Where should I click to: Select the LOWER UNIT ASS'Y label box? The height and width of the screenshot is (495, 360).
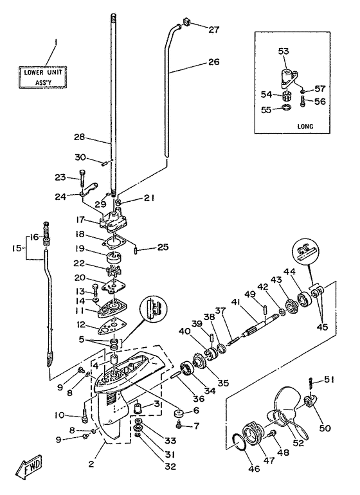point(43,77)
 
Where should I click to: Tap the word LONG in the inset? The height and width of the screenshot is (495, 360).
point(305,126)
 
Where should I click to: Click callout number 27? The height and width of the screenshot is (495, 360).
point(213,30)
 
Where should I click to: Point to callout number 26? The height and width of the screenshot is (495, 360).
point(213,61)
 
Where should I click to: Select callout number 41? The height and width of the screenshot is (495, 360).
point(235,302)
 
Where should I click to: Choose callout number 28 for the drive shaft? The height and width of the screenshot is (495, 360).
point(80,137)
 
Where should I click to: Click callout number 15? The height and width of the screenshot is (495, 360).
point(18,248)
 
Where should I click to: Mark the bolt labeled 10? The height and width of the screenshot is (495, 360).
point(85,415)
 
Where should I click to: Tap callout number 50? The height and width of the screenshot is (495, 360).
point(325,428)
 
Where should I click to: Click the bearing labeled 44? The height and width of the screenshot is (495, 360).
point(305,298)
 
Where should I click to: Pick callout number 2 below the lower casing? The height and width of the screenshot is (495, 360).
point(91,464)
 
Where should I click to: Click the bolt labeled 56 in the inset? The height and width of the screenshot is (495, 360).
point(303,102)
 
